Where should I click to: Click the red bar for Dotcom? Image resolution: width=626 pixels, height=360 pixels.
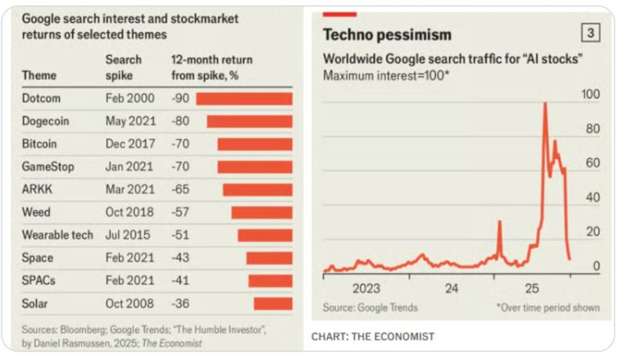(243, 99)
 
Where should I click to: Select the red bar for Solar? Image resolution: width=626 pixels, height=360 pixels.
(272, 304)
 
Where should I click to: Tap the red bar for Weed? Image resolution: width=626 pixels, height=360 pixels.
(261, 213)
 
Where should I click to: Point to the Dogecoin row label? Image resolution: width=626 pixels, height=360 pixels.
(48, 121)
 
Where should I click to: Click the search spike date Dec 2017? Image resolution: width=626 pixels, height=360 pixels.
(131, 144)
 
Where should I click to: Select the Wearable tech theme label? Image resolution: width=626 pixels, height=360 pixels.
(58, 235)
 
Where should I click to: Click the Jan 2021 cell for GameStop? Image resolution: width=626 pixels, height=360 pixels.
(130, 167)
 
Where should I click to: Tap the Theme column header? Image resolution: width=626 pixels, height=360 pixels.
(39, 75)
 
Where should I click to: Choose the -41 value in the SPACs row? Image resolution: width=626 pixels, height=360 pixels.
(181, 280)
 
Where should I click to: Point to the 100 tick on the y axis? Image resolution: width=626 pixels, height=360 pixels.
(590, 94)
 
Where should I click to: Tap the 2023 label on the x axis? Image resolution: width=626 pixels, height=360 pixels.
(366, 288)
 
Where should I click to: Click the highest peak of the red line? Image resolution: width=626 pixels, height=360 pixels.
(544, 103)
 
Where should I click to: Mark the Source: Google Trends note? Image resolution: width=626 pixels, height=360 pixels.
(370, 308)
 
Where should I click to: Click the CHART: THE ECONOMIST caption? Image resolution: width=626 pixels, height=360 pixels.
(372, 337)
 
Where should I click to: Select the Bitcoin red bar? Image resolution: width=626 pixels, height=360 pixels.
(254, 144)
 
